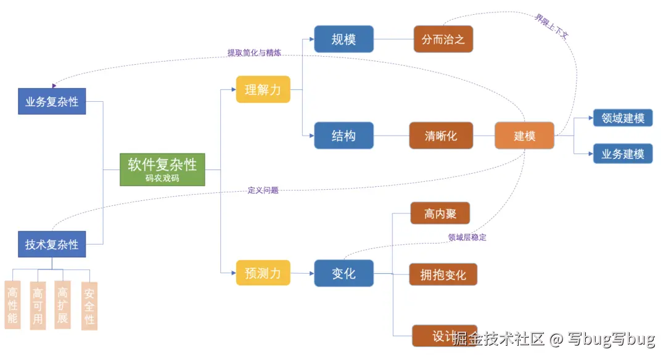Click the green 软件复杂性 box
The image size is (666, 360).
[162, 169]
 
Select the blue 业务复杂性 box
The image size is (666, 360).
[52, 102]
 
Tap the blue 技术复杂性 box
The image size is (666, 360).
[52, 244]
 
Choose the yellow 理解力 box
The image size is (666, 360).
[263, 89]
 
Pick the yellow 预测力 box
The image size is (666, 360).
[263, 273]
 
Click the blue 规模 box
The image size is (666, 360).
[343, 39]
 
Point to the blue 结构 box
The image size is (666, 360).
[343, 136]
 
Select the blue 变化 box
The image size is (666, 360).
[343, 273]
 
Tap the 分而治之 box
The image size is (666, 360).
[443, 39]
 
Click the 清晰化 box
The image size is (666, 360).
[441, 136]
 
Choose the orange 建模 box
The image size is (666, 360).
[524, 136]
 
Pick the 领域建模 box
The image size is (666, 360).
[623, 118]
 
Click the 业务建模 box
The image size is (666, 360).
[623, 153]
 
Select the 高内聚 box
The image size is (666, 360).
[440, 213]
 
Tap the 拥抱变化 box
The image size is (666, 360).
[443, 274]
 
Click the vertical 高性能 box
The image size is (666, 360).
[12, 305]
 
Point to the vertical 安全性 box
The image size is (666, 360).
[89, 306]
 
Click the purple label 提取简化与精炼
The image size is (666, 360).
[254, 53]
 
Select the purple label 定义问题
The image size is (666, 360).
[263, 190]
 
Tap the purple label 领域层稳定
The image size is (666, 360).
[467, 237]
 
